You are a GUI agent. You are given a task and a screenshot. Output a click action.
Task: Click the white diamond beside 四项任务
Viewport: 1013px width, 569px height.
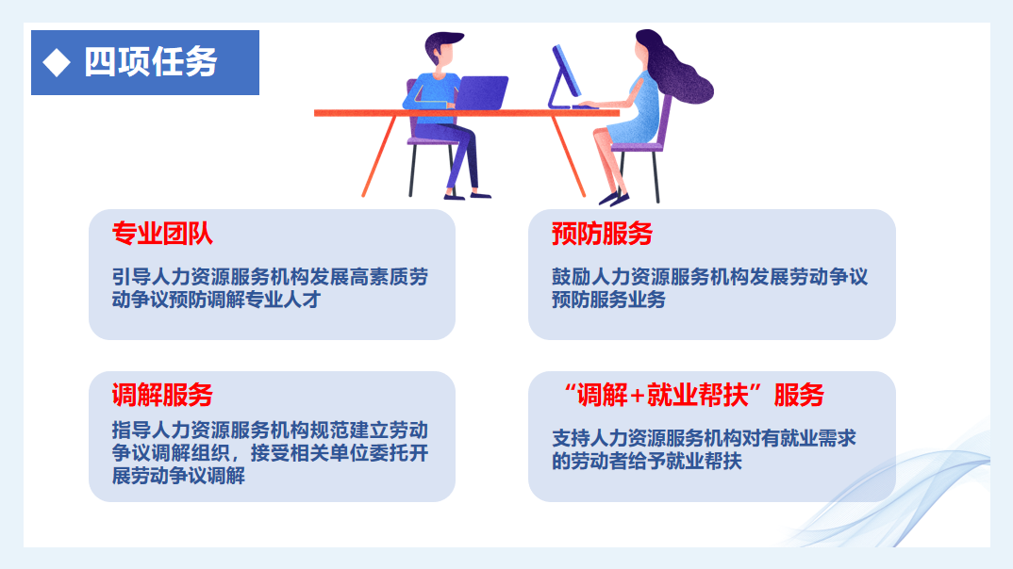(x=57, y=62)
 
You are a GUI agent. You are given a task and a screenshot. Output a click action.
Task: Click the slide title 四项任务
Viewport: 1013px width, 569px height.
(x=151, y=62)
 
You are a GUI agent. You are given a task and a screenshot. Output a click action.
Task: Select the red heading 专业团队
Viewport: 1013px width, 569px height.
(x=162, y=234)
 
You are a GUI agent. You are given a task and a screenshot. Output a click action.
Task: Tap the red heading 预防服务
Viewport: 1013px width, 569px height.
(x=602, y=234)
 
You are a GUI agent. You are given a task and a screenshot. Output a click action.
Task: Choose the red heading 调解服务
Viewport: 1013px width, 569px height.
(x=162, y=395)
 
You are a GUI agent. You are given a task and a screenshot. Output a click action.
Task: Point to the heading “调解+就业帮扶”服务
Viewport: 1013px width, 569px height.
(x=693, y=395)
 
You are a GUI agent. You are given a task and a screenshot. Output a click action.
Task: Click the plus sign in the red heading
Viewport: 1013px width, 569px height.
(x=637, y=396)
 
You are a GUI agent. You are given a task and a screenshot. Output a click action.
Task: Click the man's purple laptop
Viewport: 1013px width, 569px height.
(x=481, y=92)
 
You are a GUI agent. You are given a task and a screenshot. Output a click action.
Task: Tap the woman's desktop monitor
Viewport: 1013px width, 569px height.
(x=565, y=76)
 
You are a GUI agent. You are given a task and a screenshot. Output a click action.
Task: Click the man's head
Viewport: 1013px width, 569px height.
(x=442, y=50)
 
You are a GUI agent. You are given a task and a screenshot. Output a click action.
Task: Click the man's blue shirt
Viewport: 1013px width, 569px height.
(x=431, y=98)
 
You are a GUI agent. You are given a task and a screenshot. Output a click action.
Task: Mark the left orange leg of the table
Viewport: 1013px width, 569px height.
(x=379, y=156)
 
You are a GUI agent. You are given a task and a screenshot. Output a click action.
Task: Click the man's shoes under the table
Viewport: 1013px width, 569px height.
(x=468, y=195)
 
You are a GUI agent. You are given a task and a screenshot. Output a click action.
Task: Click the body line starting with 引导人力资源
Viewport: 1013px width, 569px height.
(x=270, y=277)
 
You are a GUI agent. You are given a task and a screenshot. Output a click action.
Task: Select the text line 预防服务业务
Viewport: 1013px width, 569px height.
(x=608, y=300)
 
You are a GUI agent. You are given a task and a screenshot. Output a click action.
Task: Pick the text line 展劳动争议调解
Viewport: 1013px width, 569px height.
(x=178, y=476)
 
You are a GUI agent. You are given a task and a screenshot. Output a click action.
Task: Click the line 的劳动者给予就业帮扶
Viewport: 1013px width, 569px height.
(x=647, y=461)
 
